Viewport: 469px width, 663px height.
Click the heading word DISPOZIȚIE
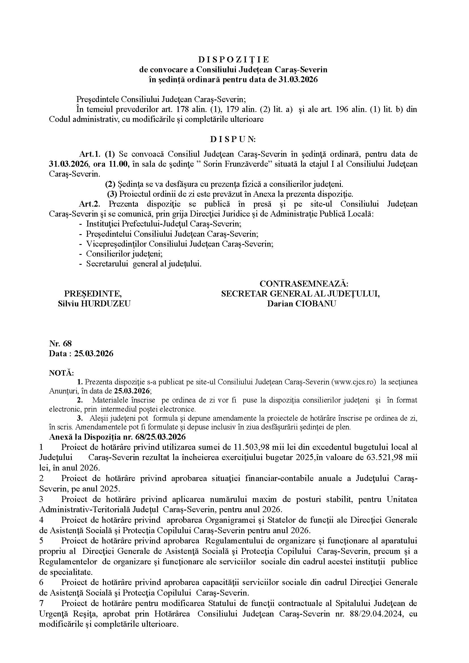pos(234,60)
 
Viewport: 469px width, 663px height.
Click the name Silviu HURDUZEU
pos(94,304)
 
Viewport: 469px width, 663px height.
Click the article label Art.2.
pos(89,204)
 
